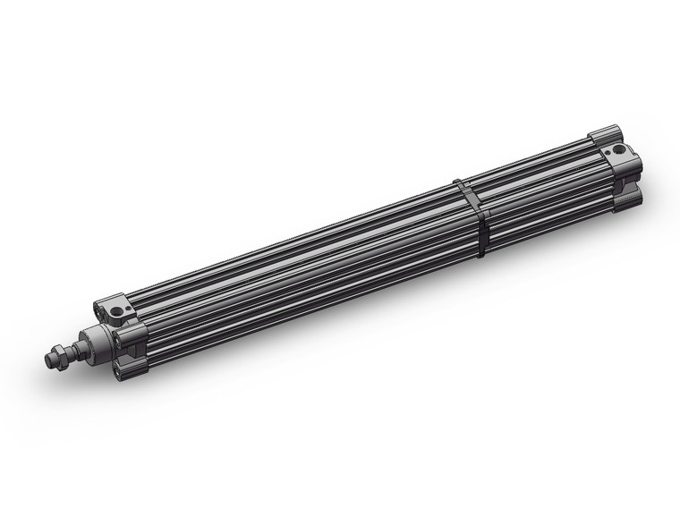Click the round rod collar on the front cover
coord(101,338)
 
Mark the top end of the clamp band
coord(457,182)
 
